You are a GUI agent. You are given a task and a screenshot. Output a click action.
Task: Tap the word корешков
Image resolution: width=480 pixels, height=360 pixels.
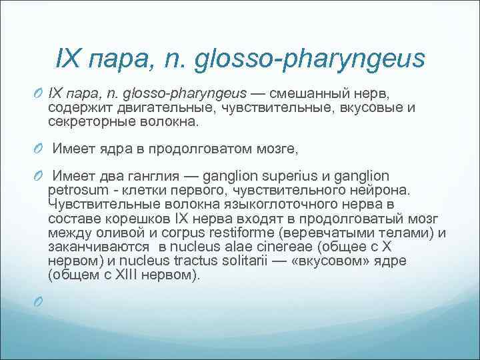coord(139,219)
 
